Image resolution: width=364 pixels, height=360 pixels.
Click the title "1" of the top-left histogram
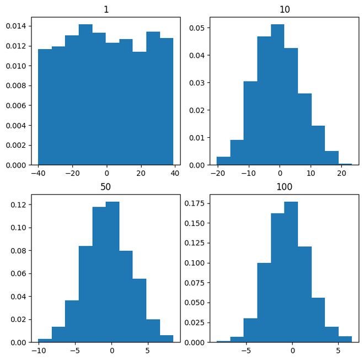106,9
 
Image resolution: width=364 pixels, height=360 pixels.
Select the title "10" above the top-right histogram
285,9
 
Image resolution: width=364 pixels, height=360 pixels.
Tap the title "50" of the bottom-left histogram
106,187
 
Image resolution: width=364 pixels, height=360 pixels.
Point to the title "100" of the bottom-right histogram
285,187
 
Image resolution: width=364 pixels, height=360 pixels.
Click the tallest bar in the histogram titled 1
85,94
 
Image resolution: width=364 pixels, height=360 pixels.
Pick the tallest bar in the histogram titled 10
277,94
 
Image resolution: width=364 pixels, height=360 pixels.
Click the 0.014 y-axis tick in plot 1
16,26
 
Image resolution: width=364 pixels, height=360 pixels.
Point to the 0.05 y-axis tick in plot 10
199,28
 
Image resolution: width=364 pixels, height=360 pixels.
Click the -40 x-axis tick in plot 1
38,173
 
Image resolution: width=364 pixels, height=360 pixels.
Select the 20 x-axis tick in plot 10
341,173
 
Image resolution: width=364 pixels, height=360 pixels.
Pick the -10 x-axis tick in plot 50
38,351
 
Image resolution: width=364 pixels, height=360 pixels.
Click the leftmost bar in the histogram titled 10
223,160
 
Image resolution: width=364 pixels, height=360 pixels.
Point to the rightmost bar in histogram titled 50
167,338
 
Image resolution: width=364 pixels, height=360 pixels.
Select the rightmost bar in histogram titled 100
345,339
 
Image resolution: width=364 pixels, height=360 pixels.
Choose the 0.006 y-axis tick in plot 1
16,105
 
